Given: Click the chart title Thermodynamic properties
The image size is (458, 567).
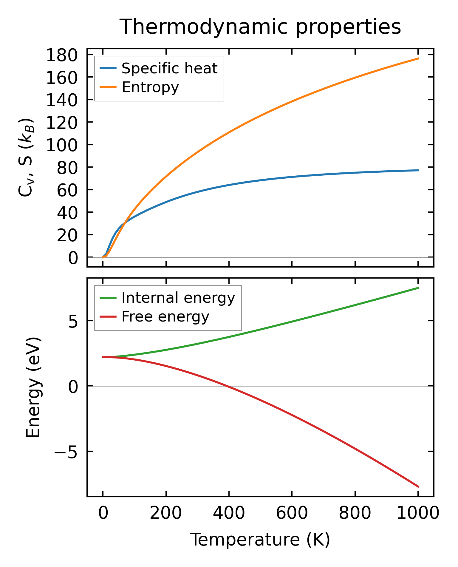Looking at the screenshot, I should [x=260, y=27].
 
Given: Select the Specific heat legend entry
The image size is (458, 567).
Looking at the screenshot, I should [x=169, y=69].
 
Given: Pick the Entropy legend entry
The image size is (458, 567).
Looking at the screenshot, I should [x=150, y=87].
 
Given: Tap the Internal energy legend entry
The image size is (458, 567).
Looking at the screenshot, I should [x=178, y=298].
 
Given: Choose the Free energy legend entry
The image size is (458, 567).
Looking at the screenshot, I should [x=165, y=317].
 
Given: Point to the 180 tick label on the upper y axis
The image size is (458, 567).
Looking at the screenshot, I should [x=62, y=55].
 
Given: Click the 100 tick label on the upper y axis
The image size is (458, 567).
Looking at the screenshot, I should [x=62, y=146].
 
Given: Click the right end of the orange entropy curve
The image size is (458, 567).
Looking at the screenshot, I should [x=418, y=58].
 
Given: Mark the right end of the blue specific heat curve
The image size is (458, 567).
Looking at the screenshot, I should [x=418, y=170].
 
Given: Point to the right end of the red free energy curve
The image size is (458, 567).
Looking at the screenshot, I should [x=418, y=486].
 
